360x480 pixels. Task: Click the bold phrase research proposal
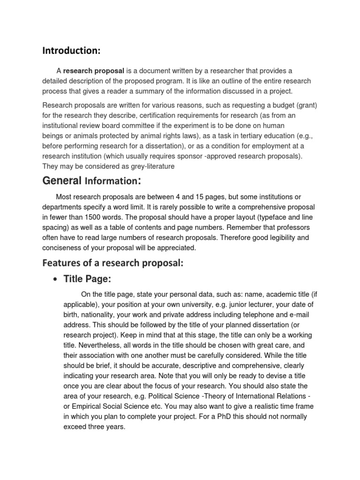click(x=94, y=71)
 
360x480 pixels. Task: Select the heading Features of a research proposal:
click(x=112, y=263)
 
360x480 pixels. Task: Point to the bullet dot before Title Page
click(x=56, y=280)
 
